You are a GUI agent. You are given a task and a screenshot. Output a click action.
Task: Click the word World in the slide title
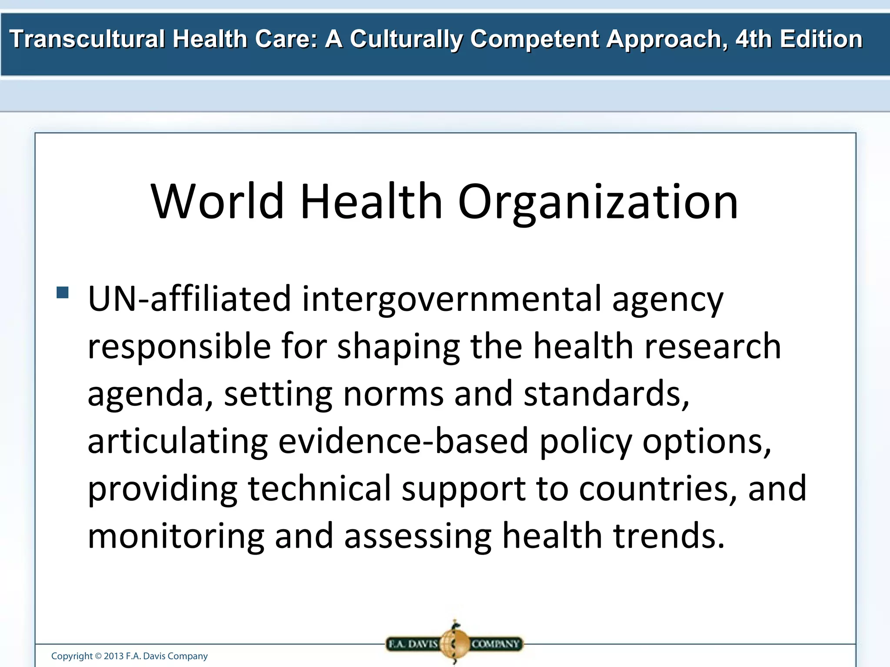click(x=217, y=201)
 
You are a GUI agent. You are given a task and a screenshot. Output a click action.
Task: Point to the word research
click(x=713, y=346)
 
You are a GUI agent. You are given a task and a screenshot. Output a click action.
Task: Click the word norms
click(x=393, y=393)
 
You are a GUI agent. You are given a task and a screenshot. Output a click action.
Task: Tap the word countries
click(x=658, y=488)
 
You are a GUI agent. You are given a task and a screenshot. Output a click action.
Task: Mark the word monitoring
click(x=176, y=536)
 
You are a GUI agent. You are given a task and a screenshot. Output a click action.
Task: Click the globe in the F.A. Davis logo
click(x=455, y=643)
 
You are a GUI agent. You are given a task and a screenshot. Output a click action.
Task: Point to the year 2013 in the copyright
click(x=113, y=656)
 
